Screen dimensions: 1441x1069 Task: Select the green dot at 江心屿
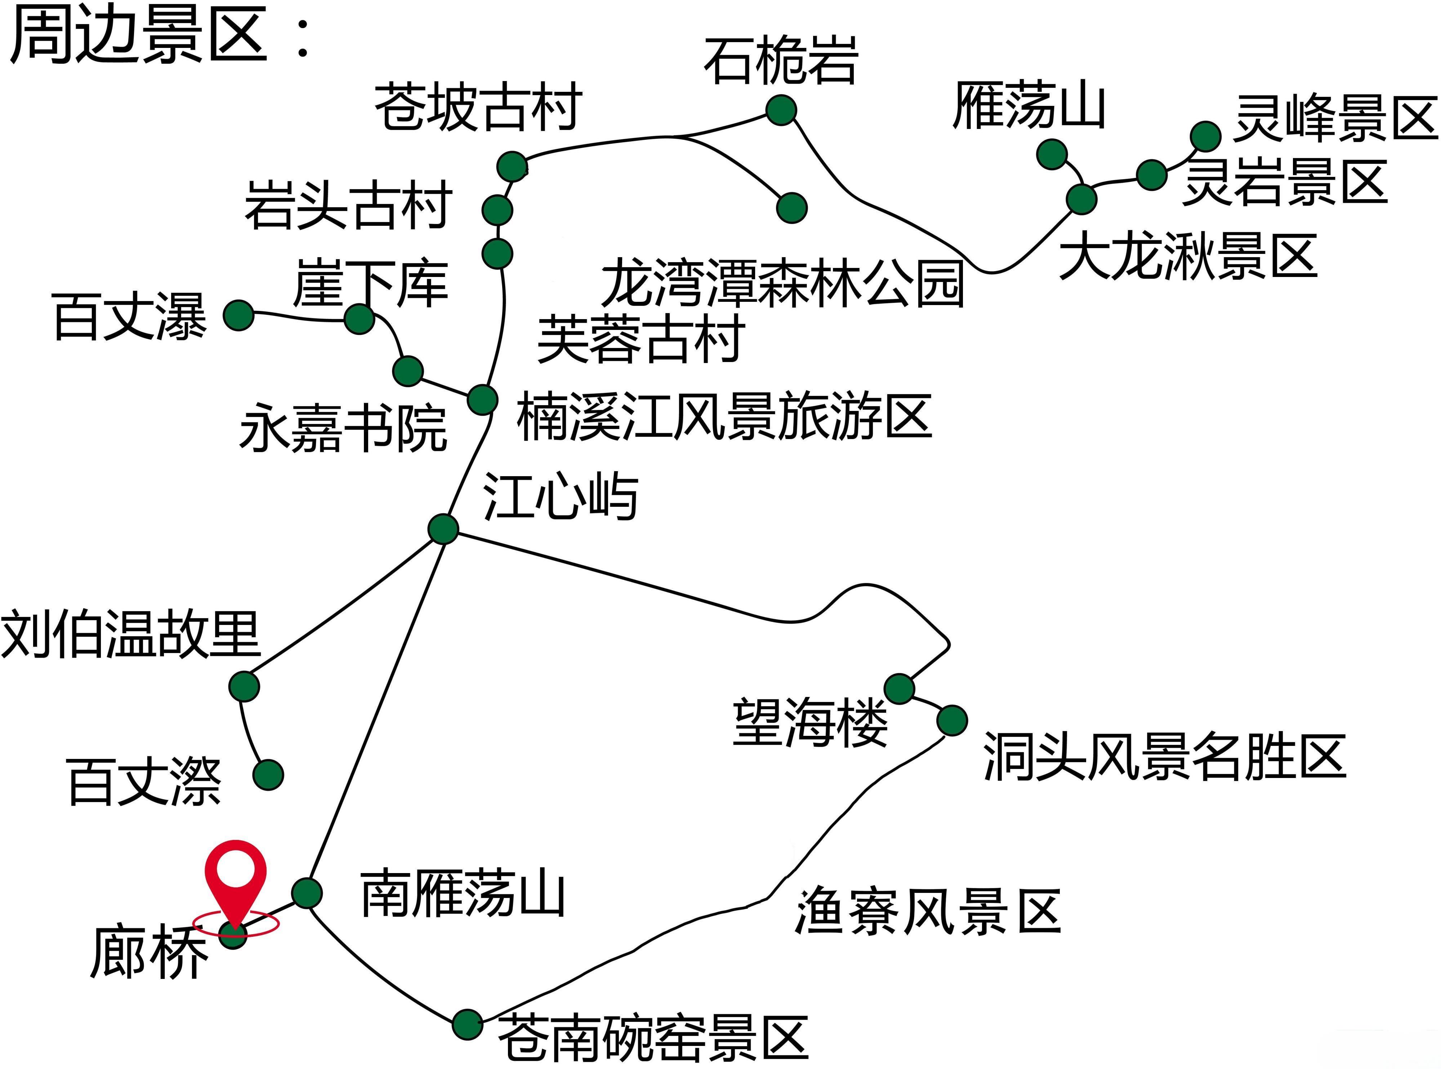pos(443,529)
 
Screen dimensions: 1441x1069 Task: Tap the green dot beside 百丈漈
pos(268,774)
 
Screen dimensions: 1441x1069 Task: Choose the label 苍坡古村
pos(478,107)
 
